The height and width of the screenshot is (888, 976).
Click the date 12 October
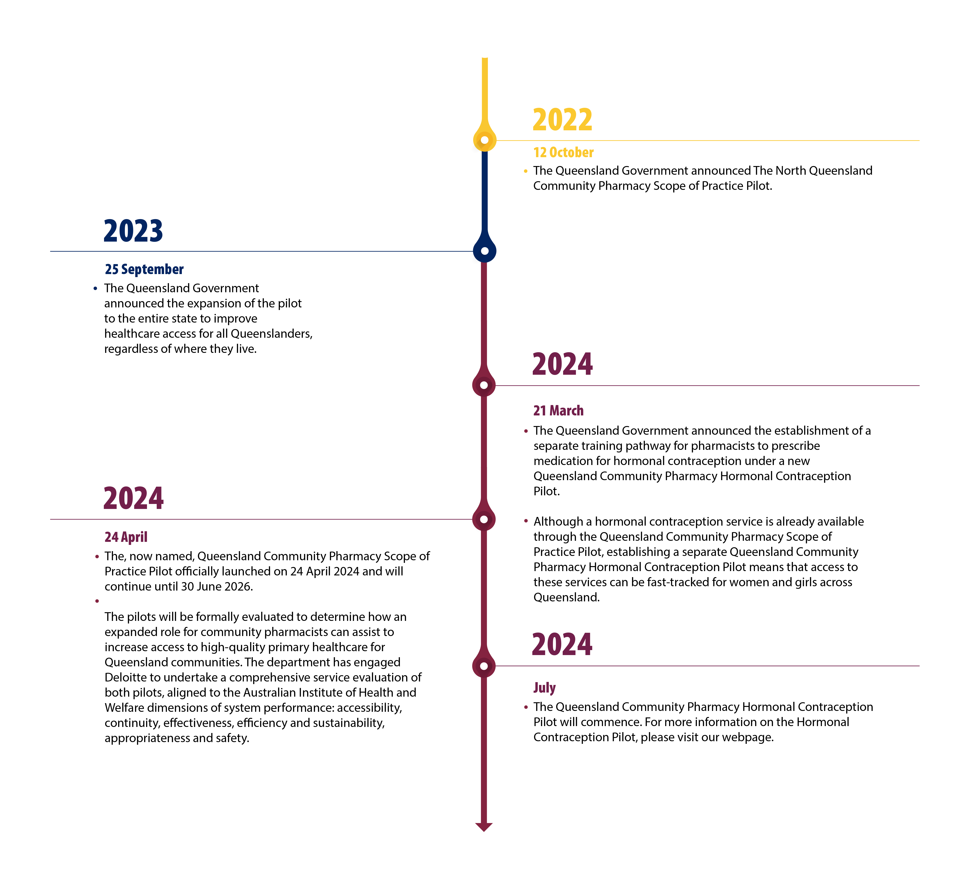pos(563,152)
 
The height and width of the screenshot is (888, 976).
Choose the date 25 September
pos(144,269)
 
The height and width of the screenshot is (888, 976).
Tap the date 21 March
pos(558,411)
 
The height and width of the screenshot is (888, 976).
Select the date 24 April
pos(126,537)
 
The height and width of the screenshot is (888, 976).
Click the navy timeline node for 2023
pos(485,251)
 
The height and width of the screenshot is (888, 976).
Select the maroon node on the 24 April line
pos(484,520)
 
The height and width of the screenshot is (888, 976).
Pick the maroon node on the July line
pos(484,666)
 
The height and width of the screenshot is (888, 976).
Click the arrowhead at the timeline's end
pos(484,827)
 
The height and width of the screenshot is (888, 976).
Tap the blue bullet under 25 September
pos(95,288)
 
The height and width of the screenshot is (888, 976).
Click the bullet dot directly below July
pos(526,707)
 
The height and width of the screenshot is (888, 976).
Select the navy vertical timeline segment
pos(485,194)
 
